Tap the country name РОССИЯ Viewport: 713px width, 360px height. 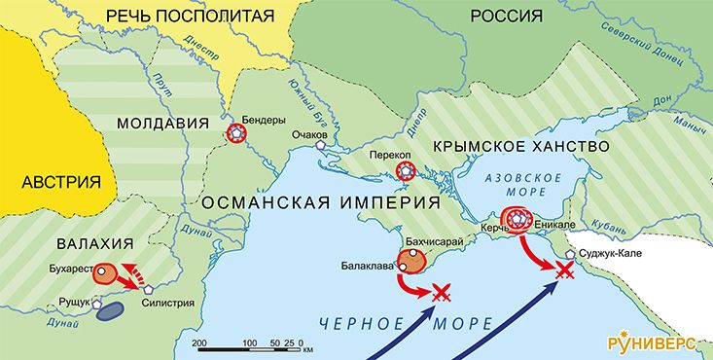(x=506, y=16)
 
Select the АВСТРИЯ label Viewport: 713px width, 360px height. (x=61, y=182)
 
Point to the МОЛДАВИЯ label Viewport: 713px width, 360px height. (x=162, y=123)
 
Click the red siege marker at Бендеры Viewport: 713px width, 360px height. (x=234, y=135)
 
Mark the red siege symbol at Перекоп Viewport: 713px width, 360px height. (x=407, y=174)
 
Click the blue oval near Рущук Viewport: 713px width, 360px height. (x=110, y=310)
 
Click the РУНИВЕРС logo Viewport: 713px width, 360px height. (x=655, y=342)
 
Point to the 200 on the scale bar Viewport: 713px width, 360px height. (x=198, y=343)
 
